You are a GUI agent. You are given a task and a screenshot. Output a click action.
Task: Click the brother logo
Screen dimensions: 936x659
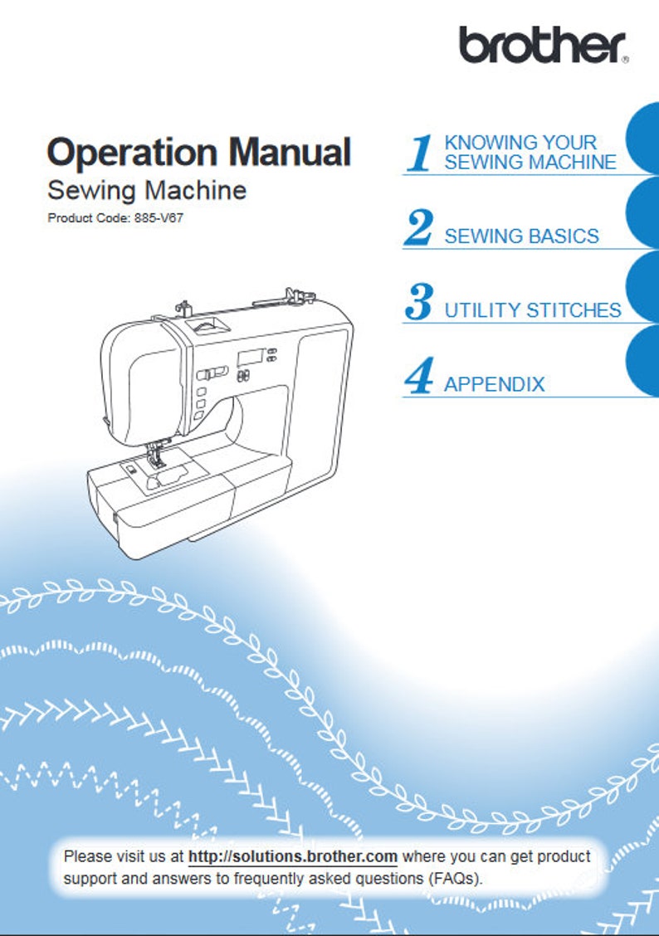coord(543,45)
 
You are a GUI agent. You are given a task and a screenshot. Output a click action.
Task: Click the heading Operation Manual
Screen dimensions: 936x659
coord(199,152)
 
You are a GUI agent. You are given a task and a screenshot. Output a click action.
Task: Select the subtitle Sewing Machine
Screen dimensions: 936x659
coord(147,190)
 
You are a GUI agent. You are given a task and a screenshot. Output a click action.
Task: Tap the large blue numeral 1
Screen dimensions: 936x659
coord(420,154)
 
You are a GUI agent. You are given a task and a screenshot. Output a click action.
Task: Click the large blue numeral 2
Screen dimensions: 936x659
coord(418,228)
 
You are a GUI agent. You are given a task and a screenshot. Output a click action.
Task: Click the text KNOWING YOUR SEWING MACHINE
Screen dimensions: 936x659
coord(530,153)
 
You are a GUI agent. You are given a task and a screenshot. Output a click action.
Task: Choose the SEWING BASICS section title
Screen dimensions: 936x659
coord(521,236)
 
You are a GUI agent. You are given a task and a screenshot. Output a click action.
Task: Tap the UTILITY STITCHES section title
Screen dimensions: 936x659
coord(532,310)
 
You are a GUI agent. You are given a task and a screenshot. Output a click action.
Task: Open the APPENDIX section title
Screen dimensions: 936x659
coord(495,384)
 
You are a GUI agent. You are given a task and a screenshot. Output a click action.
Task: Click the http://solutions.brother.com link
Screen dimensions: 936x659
coord(293,856)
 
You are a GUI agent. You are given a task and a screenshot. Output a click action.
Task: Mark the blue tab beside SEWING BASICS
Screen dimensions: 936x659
coord(642,213)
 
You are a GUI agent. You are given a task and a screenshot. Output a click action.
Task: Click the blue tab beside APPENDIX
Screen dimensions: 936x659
coord(642,361)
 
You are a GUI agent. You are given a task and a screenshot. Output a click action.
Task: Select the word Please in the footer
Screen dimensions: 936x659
coord(86,856)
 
